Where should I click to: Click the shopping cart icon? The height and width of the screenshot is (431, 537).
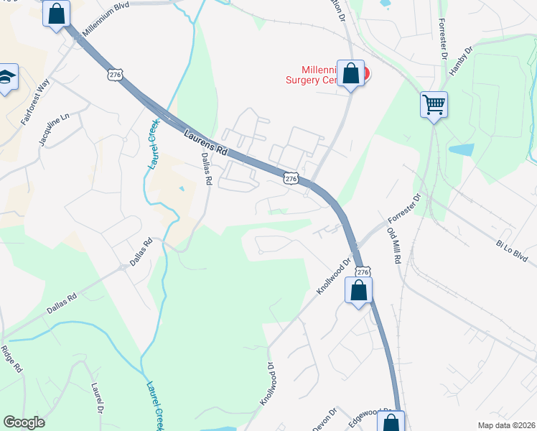click(x=434, y=105)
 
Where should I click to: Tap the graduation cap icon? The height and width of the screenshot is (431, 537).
click(x=6, y=78)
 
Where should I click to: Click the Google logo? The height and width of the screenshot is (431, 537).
click(x=24, y=422)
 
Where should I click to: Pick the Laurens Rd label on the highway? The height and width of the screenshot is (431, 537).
click(x=205, y=143)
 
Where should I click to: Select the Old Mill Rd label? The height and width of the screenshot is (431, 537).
click(x=393, y=246)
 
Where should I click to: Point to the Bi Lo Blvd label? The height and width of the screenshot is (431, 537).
click(x=511, y=251)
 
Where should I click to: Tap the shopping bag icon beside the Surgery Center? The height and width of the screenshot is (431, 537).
click(x=350, y=73)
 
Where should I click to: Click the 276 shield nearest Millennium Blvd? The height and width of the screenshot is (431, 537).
click(x=117, y=74)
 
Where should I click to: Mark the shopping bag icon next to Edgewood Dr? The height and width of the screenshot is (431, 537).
click(x=391, y=422)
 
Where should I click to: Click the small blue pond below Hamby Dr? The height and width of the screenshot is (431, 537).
click(x=462, y=150)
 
